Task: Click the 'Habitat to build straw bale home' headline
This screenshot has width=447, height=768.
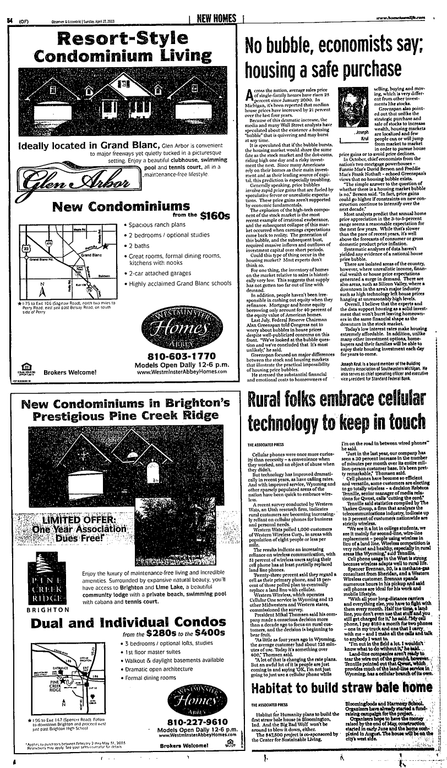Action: point(341,687)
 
